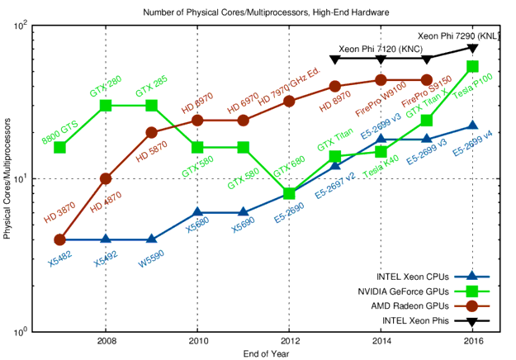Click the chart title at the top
click(266, 12)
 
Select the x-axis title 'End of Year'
click(266, 353)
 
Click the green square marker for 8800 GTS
click(59, 148)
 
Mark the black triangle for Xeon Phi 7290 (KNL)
click(472, 49)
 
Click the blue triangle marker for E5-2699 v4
click(472, 126)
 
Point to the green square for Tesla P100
click(472, 66)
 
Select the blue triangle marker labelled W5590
click(151, 239)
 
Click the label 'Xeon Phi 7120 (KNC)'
click(381, 50)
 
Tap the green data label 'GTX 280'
click(106, 88)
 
